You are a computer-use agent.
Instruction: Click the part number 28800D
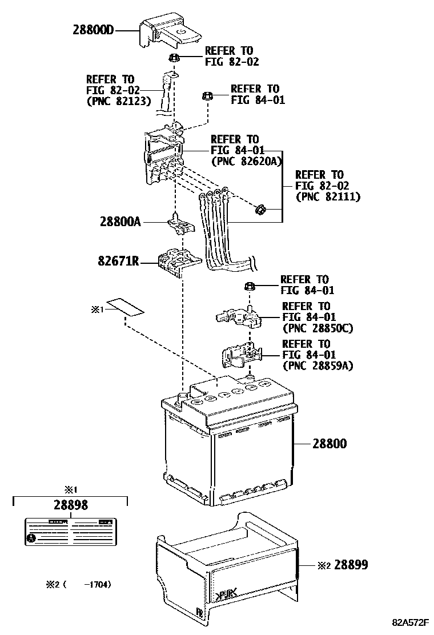(x=94, y=30)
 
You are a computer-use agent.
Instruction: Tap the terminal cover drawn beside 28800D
(x=169, y=31)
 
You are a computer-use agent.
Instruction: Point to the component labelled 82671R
(x=178, y=262)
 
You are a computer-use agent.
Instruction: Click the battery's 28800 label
(x=329, y=443)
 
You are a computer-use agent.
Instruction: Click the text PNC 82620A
(x=247, y=162)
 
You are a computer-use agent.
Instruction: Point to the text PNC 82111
(x=328, y=197)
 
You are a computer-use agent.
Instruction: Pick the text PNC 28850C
(x=317, y=328)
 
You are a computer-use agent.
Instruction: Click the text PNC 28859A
(x=317, y=366)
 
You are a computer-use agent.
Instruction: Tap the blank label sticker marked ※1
(x=126, y=307)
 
